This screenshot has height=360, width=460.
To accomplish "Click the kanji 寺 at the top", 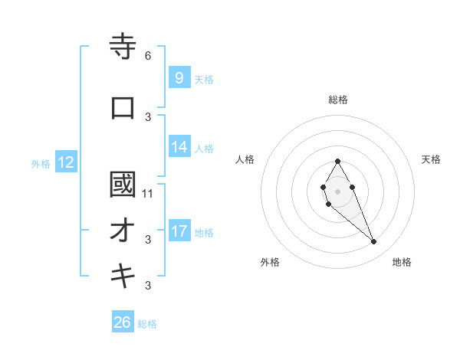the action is click(x=123, y=47).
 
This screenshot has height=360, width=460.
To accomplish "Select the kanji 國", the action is click(x=123, y=185).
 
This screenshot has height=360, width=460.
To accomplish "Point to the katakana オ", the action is click(x=123, y=231).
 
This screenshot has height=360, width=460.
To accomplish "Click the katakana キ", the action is click(x=123, y=277).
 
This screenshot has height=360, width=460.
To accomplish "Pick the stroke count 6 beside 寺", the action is click(x=148, y=56).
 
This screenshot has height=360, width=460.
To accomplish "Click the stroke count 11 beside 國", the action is click(x=148, y=193).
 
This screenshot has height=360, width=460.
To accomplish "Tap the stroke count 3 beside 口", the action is click(x=148, y=116).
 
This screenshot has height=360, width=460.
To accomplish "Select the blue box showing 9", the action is click(x=179, y=77).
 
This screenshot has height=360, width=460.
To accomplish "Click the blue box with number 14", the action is click(x=179, y=147).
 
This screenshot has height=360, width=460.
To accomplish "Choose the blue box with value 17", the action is click(x=179, y=231).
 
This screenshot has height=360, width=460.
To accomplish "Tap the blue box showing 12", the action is click(x=65, y=162).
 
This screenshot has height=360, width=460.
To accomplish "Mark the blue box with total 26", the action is click(x=123, y=322).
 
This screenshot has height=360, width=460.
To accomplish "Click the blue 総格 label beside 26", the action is click(x=148, y=324).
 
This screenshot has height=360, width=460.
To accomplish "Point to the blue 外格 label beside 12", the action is click(x=40, y=163).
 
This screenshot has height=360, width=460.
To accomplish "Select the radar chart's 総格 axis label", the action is click(x=338, y=100).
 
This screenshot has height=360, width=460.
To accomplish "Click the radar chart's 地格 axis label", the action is click(x=402, y=262).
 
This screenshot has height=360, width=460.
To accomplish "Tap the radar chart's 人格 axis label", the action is click(x=245, y=159).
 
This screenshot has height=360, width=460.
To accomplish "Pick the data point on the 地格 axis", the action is click(x=373, y=242).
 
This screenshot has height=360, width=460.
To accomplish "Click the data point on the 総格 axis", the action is click(x=338, y=161).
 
